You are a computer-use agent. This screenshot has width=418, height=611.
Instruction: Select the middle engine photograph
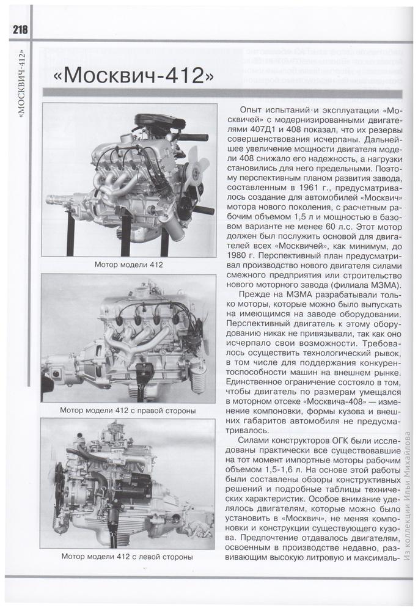(128, 338)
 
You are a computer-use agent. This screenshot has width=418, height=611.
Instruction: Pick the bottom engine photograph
(128, 483)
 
